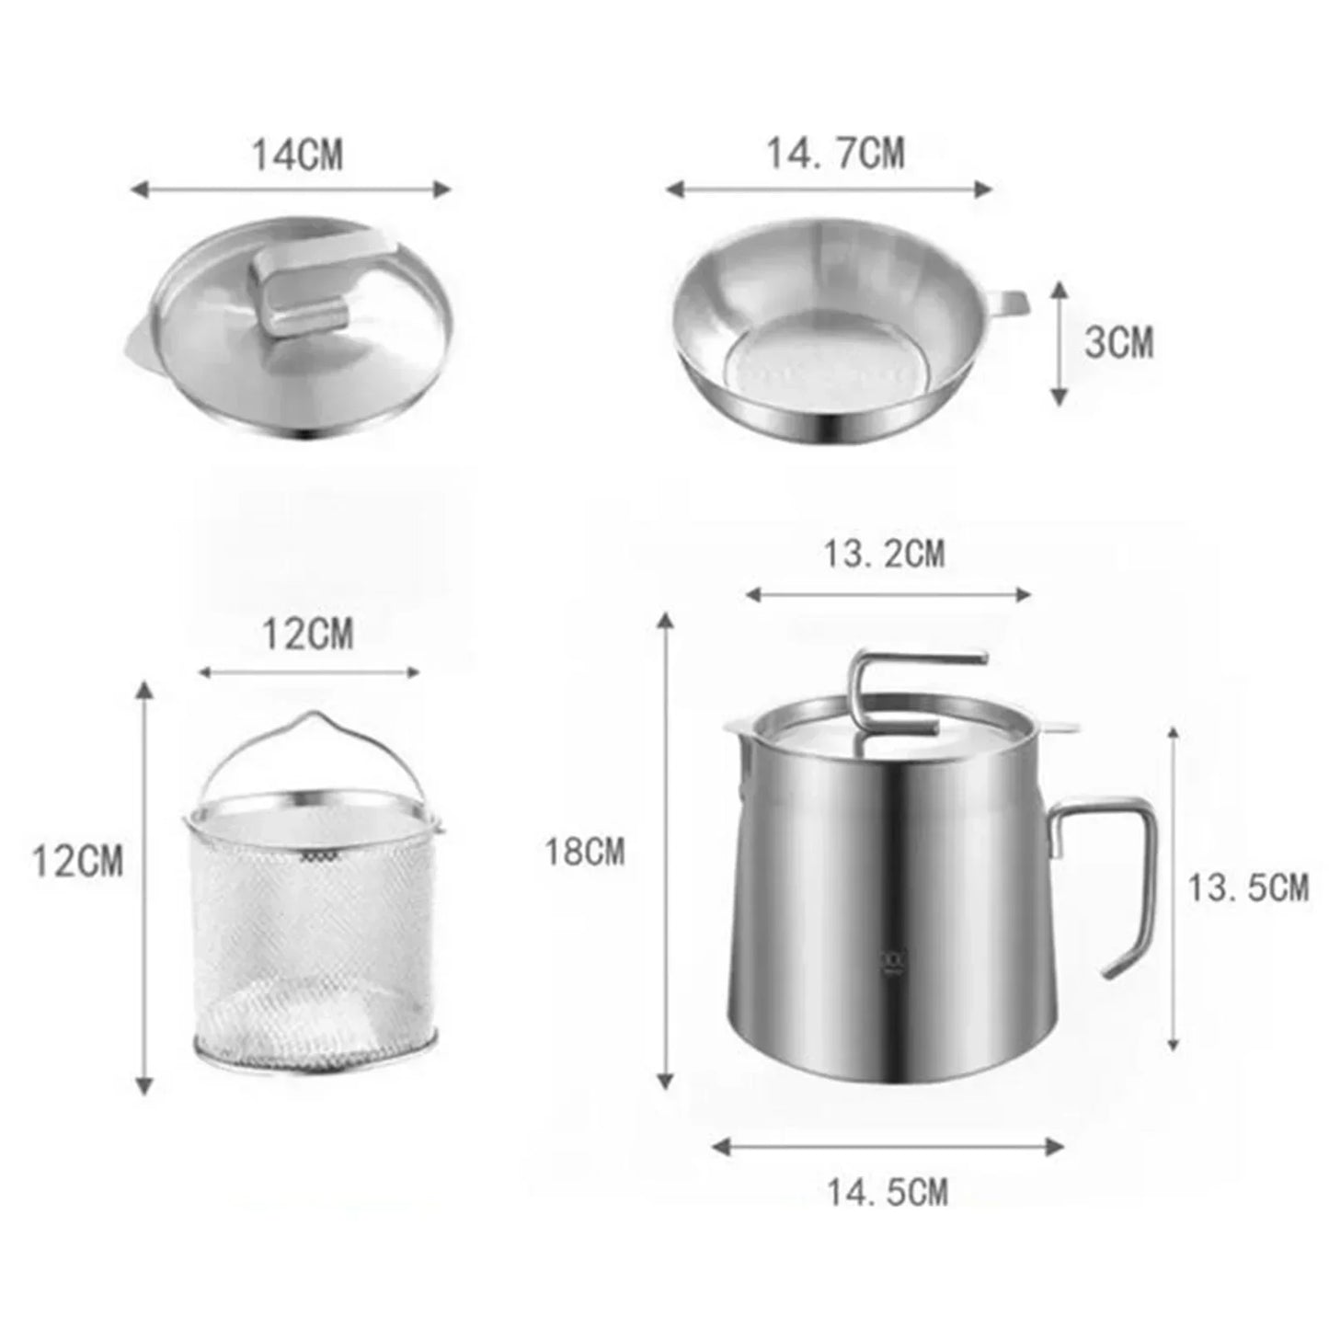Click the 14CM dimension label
[296, 155]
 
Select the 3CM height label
[1118, 342]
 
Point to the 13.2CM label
[884, 554]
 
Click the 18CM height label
[584, 851]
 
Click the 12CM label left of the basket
[78, 862]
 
